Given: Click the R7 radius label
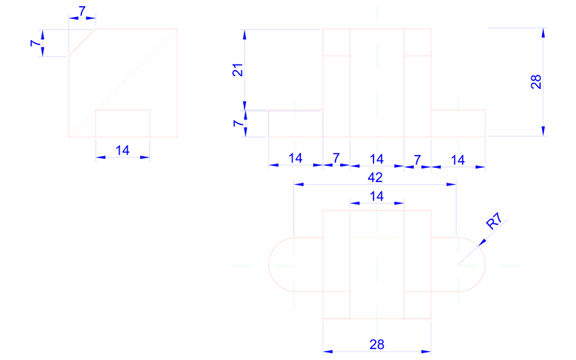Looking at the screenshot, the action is (x=494, y=222).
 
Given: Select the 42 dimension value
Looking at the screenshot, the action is (x=375, y=177).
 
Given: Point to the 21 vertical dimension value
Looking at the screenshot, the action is (x=238, y=69).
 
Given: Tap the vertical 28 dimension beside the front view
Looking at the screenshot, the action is (x=535, y=82).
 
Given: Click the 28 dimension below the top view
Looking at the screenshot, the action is (x=376, y=344).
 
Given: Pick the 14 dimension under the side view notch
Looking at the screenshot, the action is (x=122, y=151).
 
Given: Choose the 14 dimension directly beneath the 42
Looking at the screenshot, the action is (x=376, y=196).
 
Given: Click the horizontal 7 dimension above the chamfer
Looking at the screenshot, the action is (x=82, y=12).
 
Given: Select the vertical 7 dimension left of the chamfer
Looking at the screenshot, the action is (x=34, y=43).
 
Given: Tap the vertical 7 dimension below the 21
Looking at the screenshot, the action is (x=237, y=124).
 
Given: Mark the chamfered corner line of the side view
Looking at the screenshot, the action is (x=82, y=42).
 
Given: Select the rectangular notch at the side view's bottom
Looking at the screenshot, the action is (x=122, y=123).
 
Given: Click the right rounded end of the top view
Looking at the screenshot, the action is (x=476, y=264).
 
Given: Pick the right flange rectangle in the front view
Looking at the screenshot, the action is (x=458, y=123).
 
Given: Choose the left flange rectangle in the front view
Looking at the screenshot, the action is (x=295, y=124).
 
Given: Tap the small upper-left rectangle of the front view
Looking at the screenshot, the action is (x=336, y=42).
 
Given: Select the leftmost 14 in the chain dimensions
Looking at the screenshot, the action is (x=295, y=158).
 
